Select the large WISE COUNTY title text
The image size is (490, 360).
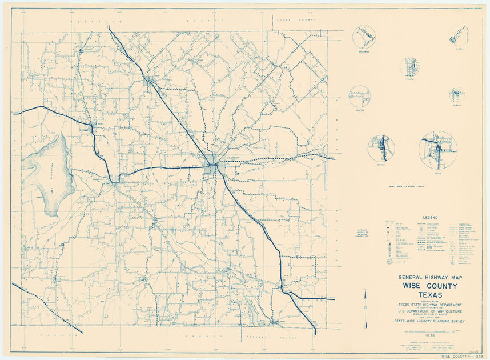[x=429, y=286]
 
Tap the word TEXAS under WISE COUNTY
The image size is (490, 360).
[x=429, y=295]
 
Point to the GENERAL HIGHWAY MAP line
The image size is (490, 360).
[x=429, y=278]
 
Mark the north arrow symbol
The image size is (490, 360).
[x=366, y=309]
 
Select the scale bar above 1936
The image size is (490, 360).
[x=429, y=331]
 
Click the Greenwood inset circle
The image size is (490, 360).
[x=364, y=38]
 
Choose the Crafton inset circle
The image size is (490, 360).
[x=360, y=96]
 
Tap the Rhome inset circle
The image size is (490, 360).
[x=381, y=148]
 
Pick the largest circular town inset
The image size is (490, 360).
[x=438, y=150]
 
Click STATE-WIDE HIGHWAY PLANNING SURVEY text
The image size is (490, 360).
[x=429, y=322]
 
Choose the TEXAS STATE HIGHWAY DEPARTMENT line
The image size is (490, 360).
[x=429, y=305]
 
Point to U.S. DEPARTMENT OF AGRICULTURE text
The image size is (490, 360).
[x=429, y=311]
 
